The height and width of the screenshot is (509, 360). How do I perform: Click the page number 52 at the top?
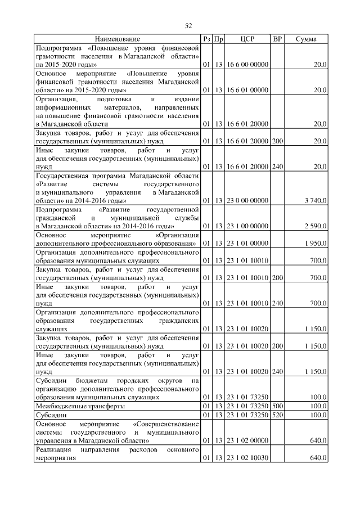click(188, 25)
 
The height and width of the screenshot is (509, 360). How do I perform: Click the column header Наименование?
click(117, 39)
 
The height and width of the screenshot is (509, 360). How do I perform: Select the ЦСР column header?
click(247, 39)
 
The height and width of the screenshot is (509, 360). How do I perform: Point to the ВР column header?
click(277, 39)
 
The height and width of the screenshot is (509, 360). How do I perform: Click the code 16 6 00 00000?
click(247, 65)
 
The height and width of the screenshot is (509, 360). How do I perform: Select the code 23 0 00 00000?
click(247, 201)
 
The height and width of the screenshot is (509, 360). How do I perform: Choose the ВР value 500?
click(277, 406)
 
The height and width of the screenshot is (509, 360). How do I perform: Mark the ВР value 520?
click(277, 415)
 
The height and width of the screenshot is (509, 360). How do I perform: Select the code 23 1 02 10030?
click(247, 458)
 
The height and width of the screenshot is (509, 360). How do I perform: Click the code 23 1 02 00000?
click(247, 440)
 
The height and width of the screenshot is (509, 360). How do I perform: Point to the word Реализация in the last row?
click(54, 450)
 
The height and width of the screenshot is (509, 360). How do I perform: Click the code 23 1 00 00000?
click(247, 226)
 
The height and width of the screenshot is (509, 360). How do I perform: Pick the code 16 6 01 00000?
click(247, 90)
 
